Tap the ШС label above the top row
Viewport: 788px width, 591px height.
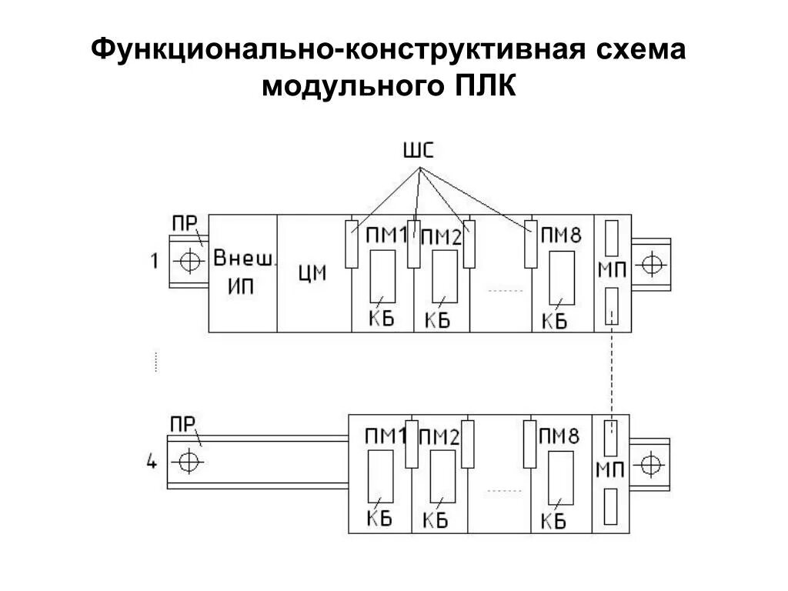pos(418,149)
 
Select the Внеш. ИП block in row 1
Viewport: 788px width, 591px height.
pos(242,272)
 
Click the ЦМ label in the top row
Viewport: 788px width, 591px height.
pos(312,273)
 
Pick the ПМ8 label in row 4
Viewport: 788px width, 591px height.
pos(559,437)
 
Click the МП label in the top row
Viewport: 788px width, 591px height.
pos(613,271)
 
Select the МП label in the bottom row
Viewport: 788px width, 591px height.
pos(611,469)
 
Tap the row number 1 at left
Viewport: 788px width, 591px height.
pos(154,262)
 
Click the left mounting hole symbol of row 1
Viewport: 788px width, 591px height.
pos(187,262)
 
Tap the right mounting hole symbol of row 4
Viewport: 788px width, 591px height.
pos(651,464)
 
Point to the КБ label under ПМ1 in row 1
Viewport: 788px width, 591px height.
pos(380,318)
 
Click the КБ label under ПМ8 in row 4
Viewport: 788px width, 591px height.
pos(553,520)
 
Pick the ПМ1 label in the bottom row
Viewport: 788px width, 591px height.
pos(385,437)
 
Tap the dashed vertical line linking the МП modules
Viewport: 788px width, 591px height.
pos(613,369)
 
